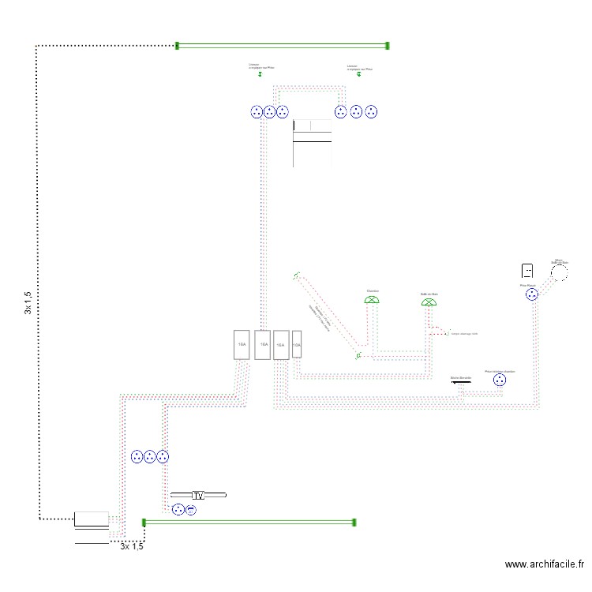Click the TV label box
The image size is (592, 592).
tap(198, 496)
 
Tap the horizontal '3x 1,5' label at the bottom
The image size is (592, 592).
tap(132, 546)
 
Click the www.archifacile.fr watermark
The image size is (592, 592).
tap(544, 564)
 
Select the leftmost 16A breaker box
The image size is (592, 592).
tap(242, 345)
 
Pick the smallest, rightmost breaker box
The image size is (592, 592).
tap(297, 346)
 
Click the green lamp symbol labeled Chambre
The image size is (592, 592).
tap(373, 299)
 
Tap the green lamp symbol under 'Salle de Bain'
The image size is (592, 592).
tap(429, 302)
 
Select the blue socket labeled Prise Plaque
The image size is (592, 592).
tap(532, 294)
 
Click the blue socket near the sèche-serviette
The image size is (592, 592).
tap(499, 380)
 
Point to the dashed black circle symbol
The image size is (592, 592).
tap(560, 272)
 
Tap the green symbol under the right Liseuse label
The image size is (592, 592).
tap(359, 74)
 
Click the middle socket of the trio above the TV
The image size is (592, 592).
tap(149, 456)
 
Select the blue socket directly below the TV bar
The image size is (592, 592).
tap(178, 510)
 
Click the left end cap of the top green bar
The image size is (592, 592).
tap(178, 46)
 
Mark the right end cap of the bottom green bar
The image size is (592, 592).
tap(354, 522)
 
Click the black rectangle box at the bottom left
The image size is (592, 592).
tap(92, 519)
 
